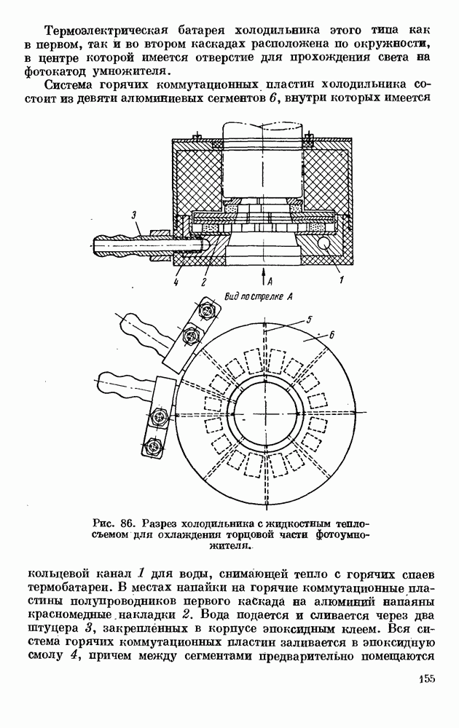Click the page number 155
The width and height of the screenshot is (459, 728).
pos(426,678)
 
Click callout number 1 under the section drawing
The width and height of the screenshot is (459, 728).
pos(342,280)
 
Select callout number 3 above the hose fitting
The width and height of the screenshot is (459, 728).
pos(133,215)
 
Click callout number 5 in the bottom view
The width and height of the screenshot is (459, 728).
pos(309,319)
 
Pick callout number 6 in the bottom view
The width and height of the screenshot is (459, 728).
pos(331,335)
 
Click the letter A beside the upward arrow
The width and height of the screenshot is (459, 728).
pos(270,280)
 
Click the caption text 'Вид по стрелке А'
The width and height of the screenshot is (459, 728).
pos(258,296)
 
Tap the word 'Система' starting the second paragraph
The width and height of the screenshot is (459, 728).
pos(71,85)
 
